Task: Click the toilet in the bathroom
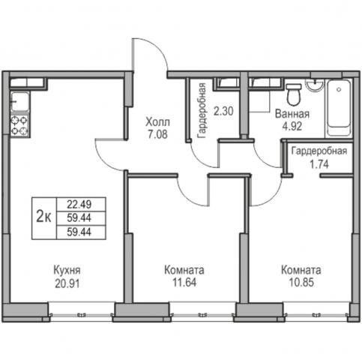click(x=294, y=94)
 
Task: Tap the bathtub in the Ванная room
click(x=339, y=107)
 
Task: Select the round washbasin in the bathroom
click(x=315, y=85)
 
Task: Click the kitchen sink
click(x=19, y=102)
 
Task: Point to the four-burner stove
click(x=19, y=126)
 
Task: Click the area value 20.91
click(x=67, y=283)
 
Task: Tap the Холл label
click(x=157, y=122)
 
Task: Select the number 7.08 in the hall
click(x=157, y=134)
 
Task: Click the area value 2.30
click(x=223, y=111)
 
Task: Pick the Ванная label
click(x=292, y=114)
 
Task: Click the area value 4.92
click(x=292, y=126)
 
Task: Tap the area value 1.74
click(x=319, y=164)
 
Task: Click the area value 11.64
click(x=184, y=282)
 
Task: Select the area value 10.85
click(x=301, y=282)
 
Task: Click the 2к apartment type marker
click(x=43, y=216)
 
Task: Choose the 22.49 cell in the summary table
click(x=79, y=205)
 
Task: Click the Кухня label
click(x=67, y=270)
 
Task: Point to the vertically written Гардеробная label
click(x=202, y=110)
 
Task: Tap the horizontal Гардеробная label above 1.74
click(x=319, y=151)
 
